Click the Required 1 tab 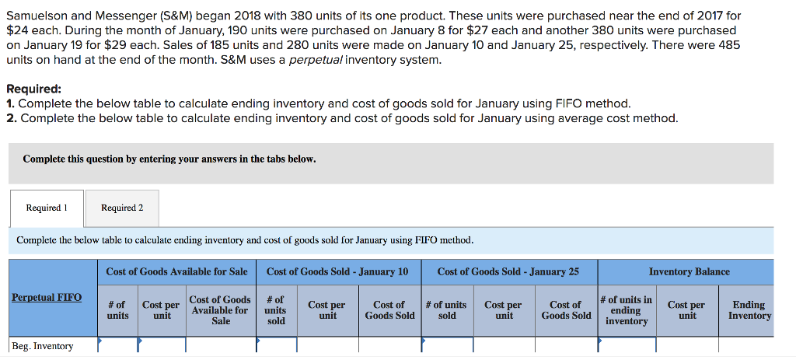(x=47, y=208)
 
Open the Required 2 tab (x=122, y=208)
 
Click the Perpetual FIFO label (x=47, y=298)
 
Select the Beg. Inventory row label (x=43, y=346)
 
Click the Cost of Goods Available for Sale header (x=176, y=271)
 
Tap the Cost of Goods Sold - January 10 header (x=337, y=271)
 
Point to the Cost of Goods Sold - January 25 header (x=508, y=271)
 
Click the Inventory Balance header (x=689, y=271)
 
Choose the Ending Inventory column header (x=749, y=310)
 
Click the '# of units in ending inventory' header (x=626, y=310)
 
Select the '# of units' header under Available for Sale (x=117, y=310)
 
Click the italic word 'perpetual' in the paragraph (x=316, y=60)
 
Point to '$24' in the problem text (x=19, y=30)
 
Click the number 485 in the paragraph (x=728, y=45)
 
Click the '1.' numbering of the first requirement (x=10, y=103)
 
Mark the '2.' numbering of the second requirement (x=10, y=118)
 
